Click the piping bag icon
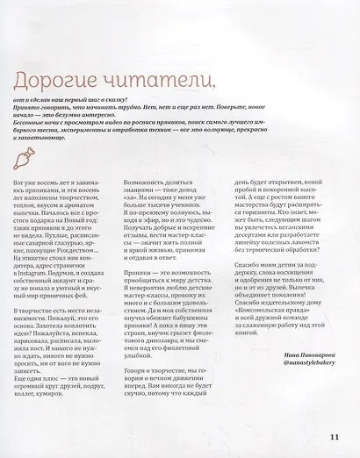[x=29, y=157]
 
